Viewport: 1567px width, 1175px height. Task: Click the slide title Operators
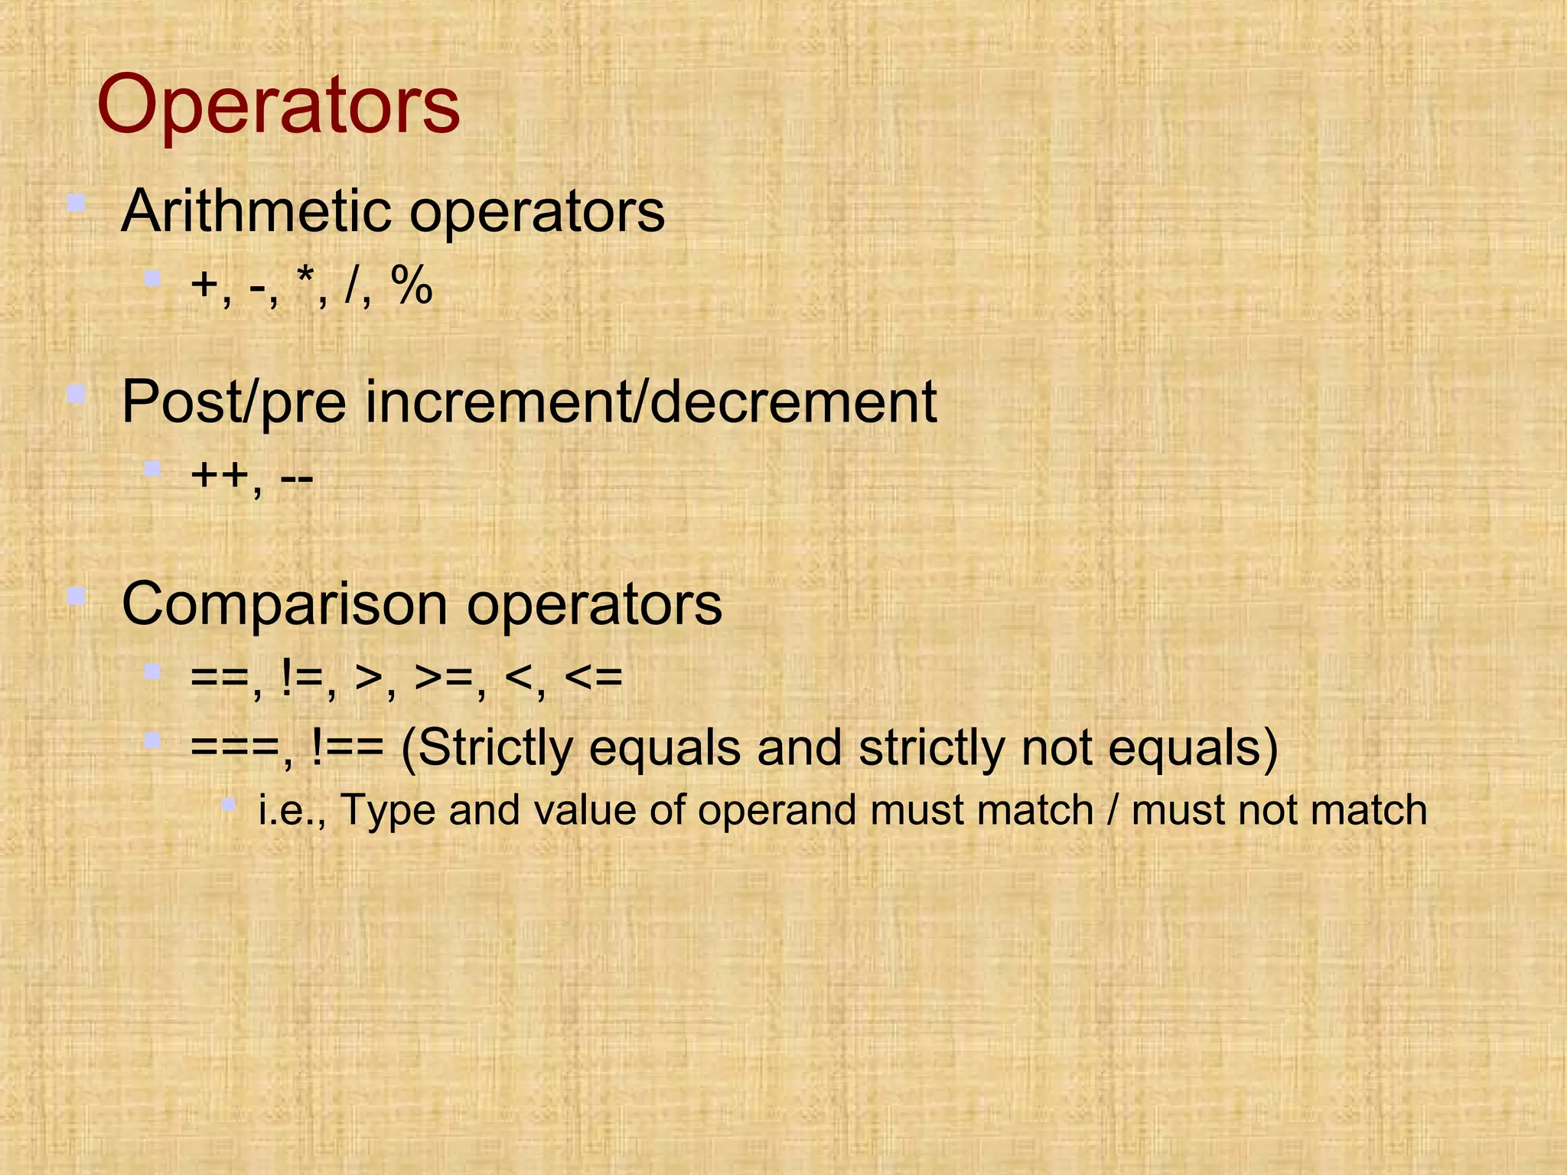click(x=278, y=106)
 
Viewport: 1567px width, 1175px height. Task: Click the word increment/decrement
click(x=650, y=402)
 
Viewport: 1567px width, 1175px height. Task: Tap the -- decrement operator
click(x=297, y=478)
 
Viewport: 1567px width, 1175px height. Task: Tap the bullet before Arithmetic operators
click(x=75, y=203)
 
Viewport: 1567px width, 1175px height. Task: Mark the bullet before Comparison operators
click(x=75, y=596)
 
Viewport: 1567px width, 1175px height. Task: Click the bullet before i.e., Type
click(x=228, y=803)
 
